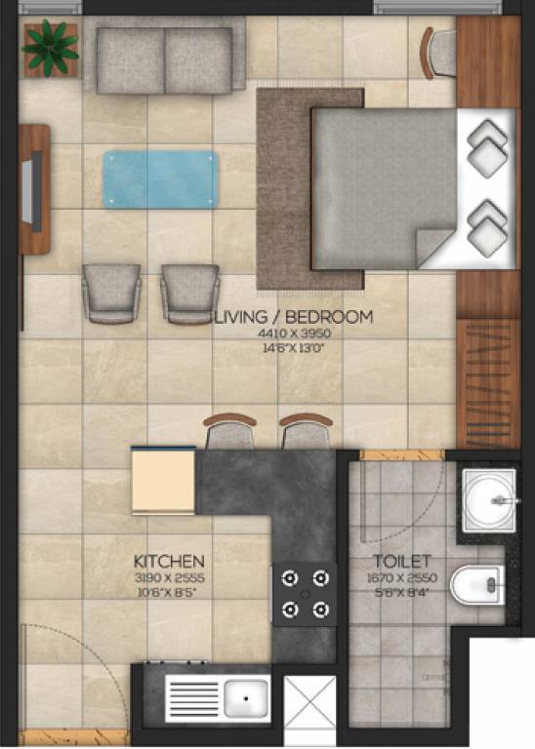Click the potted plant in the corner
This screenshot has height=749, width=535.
(x=50, y=48)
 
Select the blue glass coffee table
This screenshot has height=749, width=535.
(x=160, y=179)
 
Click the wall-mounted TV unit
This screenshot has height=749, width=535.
(x=34, y=188)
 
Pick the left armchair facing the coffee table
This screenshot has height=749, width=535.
(x=111, y=293)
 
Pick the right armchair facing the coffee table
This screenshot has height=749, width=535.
(x=189, y=293)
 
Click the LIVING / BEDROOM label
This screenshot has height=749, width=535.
(x=293, y=317)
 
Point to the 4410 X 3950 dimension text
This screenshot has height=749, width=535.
(x=293, y=334)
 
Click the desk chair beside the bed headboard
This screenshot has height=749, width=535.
(x=438, y=53)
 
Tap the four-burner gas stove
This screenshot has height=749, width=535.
(x=304, y=594)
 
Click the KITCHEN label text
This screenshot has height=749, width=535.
(x=169, y=562)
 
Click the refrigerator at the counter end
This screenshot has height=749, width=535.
(x=163, y=480)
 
